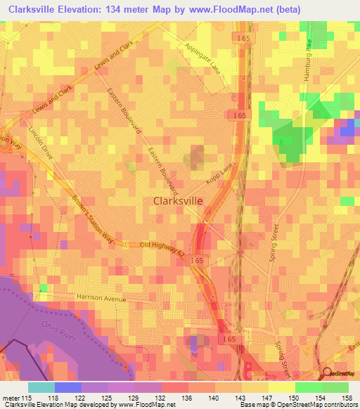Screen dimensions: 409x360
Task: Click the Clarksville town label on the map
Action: [179, 200]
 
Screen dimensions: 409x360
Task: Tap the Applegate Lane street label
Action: [202, 58]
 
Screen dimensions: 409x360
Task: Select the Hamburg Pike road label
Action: [308, 60]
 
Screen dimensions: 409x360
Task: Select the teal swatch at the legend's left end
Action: [41, 387]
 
